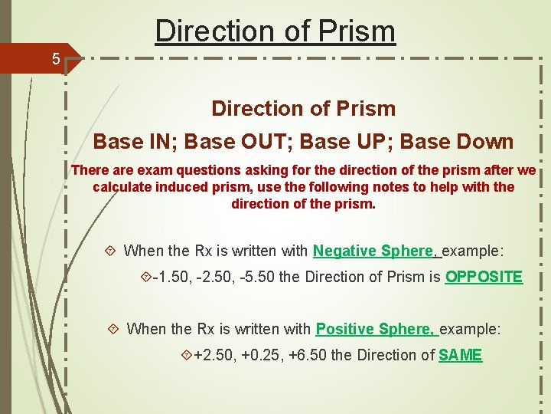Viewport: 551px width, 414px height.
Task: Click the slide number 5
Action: (56, 58)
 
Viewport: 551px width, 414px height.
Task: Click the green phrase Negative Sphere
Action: (373, 251)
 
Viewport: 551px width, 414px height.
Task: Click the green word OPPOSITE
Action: (484, 277)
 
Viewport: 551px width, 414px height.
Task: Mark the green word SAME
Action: (460, 355)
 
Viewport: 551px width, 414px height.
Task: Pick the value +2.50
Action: (214, 355)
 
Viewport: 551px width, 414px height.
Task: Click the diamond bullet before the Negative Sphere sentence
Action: (111, 251)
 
